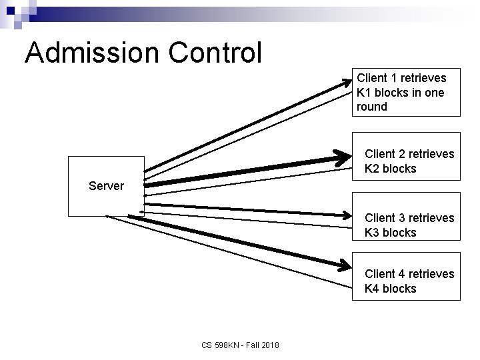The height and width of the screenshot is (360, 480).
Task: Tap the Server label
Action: (x=106, y=186)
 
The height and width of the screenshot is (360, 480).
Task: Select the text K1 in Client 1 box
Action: (x=364, y=93)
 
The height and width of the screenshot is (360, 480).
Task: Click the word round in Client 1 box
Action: (x=372, y=107)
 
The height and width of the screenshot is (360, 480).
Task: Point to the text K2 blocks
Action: (x=390, y=169)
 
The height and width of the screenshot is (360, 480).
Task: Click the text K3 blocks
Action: (x=390, y=233)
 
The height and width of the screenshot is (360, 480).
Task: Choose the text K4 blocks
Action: (x=390, y=289)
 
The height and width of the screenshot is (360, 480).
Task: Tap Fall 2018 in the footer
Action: (x=263, y=345)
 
